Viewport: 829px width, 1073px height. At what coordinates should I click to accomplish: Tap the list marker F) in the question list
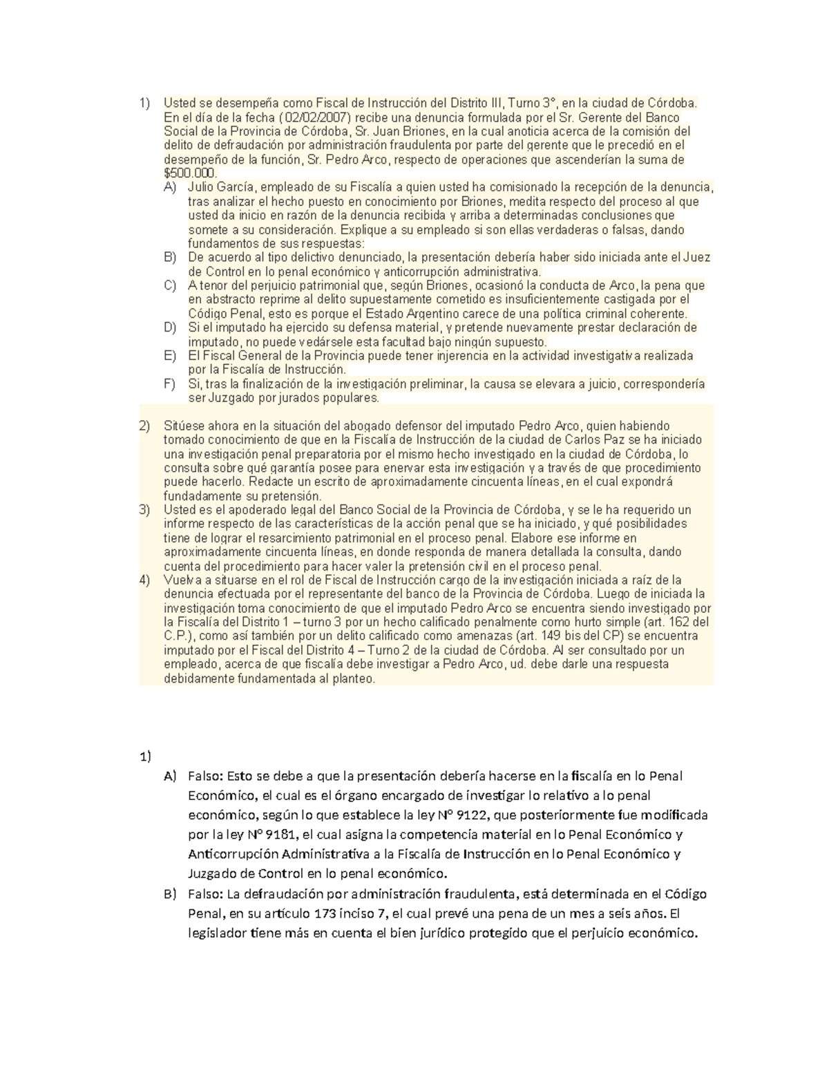point(170,384)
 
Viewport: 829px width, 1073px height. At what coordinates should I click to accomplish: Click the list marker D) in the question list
point(170,327)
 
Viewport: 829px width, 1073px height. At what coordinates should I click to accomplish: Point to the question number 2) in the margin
point(144,426)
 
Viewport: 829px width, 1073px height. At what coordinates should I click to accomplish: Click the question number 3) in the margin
point(144,510)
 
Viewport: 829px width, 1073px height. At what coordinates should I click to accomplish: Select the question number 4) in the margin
point(144,580)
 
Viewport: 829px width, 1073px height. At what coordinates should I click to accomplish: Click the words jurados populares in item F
point(326,399)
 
